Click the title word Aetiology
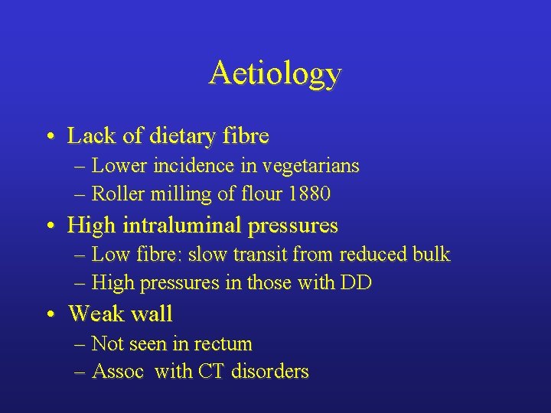[275, 74]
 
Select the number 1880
[308, 194]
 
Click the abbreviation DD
[356, 283]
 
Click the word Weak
[95, 314]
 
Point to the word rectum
[225, 343]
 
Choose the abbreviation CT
[211, 372]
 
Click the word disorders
[270, 372]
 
